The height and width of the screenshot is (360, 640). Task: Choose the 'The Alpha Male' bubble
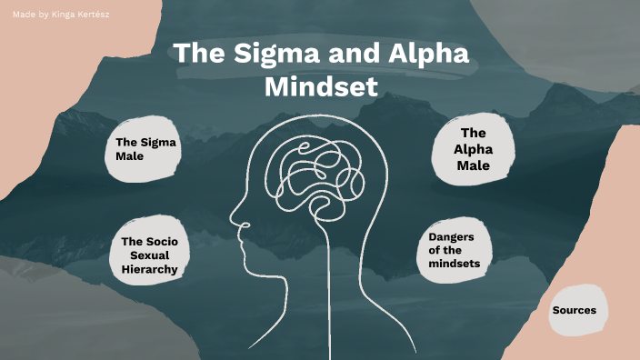(x=473, y=149)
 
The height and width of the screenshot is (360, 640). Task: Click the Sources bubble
(x=574, y=310)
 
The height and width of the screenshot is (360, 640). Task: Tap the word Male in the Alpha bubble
(x=473, y=165)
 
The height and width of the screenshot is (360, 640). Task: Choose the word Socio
(x=156, y=241)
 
